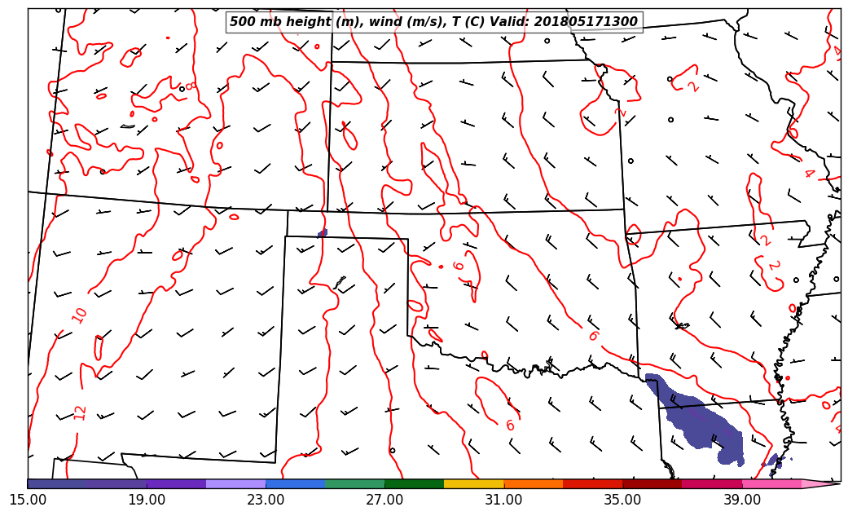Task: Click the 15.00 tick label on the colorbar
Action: (x=28, y=499)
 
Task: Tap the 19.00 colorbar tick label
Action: (x=147, y=499)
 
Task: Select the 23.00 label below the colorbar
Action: (x=266, y=499)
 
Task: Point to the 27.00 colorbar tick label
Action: (x=384, y=499)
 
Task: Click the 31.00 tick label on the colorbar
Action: (x=503, y=499)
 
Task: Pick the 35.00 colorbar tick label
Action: (x=622, y=499)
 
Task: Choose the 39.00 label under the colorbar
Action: (x=741, y=499)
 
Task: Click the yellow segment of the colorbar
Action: (x=473, y=484)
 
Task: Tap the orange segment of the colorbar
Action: (x=533, y=484)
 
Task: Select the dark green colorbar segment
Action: (x=414, y=484)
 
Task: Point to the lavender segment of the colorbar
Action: (x=235, y=484)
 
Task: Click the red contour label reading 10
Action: (x=79, y=315)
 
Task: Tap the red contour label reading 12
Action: (x=80, y=412)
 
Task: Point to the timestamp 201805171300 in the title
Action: (x=587, y=22)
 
